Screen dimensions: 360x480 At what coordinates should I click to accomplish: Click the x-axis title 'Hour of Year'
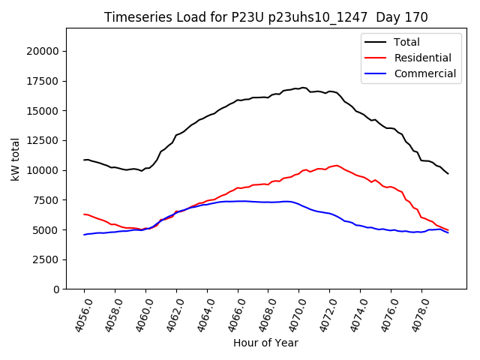265,343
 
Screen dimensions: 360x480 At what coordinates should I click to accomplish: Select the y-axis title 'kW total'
15,159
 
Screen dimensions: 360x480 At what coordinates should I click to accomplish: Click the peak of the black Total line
303,88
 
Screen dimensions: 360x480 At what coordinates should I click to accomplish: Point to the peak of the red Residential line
337,165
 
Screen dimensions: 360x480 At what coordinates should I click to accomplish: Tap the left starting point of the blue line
84,235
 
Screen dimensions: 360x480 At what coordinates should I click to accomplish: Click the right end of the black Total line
448,174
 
